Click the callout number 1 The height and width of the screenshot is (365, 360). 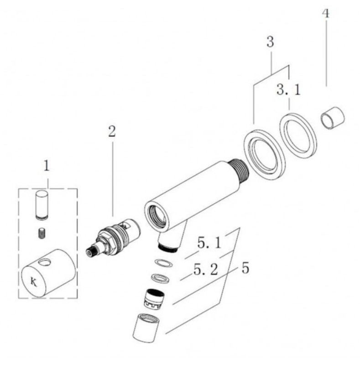(47, 166)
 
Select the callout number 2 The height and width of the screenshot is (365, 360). (112, 131)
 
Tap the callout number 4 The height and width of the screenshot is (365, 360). (326, 13)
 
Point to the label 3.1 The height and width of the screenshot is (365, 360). (289, 89)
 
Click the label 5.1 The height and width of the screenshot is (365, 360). (209, 243)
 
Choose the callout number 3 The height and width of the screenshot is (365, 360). (270, 42)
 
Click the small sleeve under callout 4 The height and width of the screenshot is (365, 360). (333, 118)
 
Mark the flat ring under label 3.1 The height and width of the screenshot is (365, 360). (298, 136)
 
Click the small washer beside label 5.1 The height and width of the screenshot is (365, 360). (164, 263)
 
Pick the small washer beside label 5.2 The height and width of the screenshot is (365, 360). (160, 278)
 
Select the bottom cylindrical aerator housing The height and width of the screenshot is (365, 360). (146, 328)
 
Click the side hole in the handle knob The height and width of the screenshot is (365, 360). (45, 262)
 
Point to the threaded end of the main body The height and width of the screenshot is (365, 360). (239, 171)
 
